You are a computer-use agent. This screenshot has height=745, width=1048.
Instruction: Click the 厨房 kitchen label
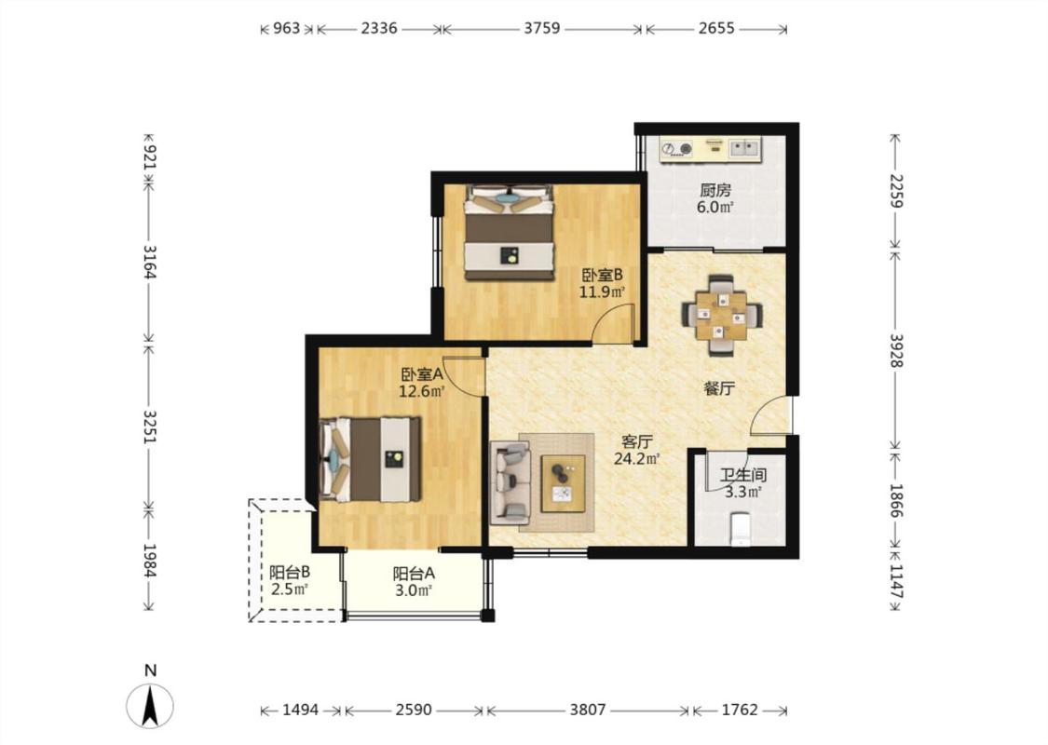(715, 190)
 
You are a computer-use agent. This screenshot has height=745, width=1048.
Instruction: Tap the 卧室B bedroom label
(602, 276)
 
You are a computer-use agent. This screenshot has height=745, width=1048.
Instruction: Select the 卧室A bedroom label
(422, 375)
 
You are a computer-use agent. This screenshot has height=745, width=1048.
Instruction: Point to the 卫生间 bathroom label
(742, 476)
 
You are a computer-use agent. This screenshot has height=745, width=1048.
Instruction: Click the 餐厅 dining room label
(719, 388)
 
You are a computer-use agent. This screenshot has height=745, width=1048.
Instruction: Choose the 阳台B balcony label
(290, 573)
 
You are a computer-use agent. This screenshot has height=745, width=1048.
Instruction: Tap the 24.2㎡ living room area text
(637, 458)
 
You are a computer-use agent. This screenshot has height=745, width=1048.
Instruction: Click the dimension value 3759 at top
(542, 28)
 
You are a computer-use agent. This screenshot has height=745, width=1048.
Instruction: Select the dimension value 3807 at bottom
(588, 710)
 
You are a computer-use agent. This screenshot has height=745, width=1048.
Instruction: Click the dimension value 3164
(150, 262)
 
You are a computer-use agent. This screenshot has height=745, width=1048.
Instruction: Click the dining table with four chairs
(720, 314)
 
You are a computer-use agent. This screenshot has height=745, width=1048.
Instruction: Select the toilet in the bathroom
(741, 528)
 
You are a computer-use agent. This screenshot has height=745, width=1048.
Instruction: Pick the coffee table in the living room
(563, 482)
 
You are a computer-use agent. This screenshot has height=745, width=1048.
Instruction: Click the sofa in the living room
(511, 482)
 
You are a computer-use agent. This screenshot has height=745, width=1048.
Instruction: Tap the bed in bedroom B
(510, 232)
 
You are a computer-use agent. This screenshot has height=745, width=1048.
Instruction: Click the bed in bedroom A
(370, 459)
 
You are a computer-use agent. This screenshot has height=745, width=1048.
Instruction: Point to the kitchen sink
(744, 148)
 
